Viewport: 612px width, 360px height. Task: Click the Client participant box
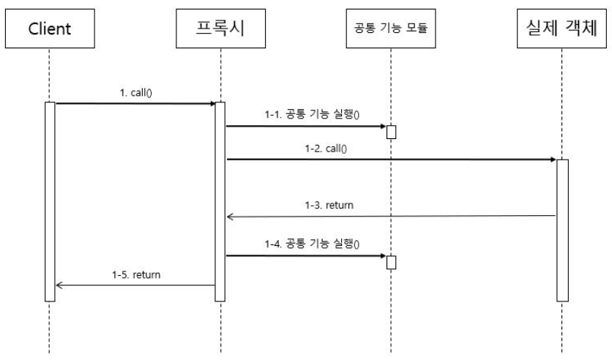[x=49, y=30]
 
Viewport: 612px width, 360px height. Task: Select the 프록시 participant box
[x=220, y=30]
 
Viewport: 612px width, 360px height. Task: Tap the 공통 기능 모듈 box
[x=390, y=30]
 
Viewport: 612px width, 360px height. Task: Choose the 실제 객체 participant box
[x=562, y=30]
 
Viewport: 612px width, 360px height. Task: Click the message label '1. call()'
[x=135, y=93]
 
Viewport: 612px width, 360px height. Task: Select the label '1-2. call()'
[x=326, y=148]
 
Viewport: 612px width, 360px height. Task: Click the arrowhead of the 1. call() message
[x=212, y=103]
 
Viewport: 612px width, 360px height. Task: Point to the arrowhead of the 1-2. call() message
[x=553, y=159]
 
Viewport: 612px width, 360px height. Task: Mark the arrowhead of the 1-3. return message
[x=229, y=216]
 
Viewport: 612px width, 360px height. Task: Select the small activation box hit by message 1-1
[x=391, y=132]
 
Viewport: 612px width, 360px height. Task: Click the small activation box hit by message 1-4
[x=391, y=262]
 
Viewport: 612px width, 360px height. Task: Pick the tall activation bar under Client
[x=49, y=201]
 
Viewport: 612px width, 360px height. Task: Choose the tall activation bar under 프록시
[x=220, y=201]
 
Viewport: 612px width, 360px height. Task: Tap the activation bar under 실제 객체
[x=562, y=230]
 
